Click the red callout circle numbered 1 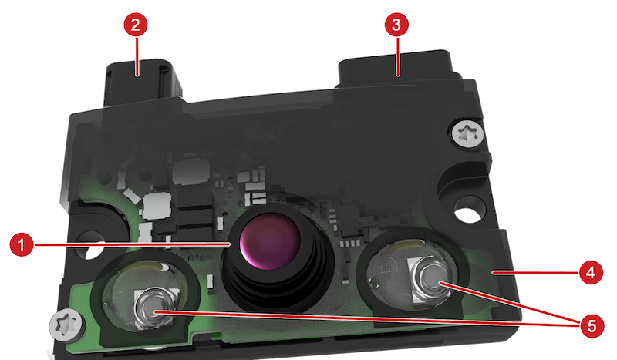pyautogui.click(x=22, y=244)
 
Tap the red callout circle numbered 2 pyautogui.click(x=136, y=25)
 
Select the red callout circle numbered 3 pyautogui.click(x=396, y=25)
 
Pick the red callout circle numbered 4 pyautogui.click(x=591, y=272)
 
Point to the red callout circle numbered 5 pyautogui.click(x=592, y=325)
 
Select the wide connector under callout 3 pyautogui.click(x=397, y=69)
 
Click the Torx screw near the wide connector pyautogui.click(x=467, y=135)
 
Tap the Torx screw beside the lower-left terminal pyautogui.click(x=66, y=325)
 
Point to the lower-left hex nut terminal pyautogui.click(x=154, y=309)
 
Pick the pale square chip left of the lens pyautogui.click(x=157, y=206)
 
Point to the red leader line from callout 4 pyautogui.click(x=534, y=272)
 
